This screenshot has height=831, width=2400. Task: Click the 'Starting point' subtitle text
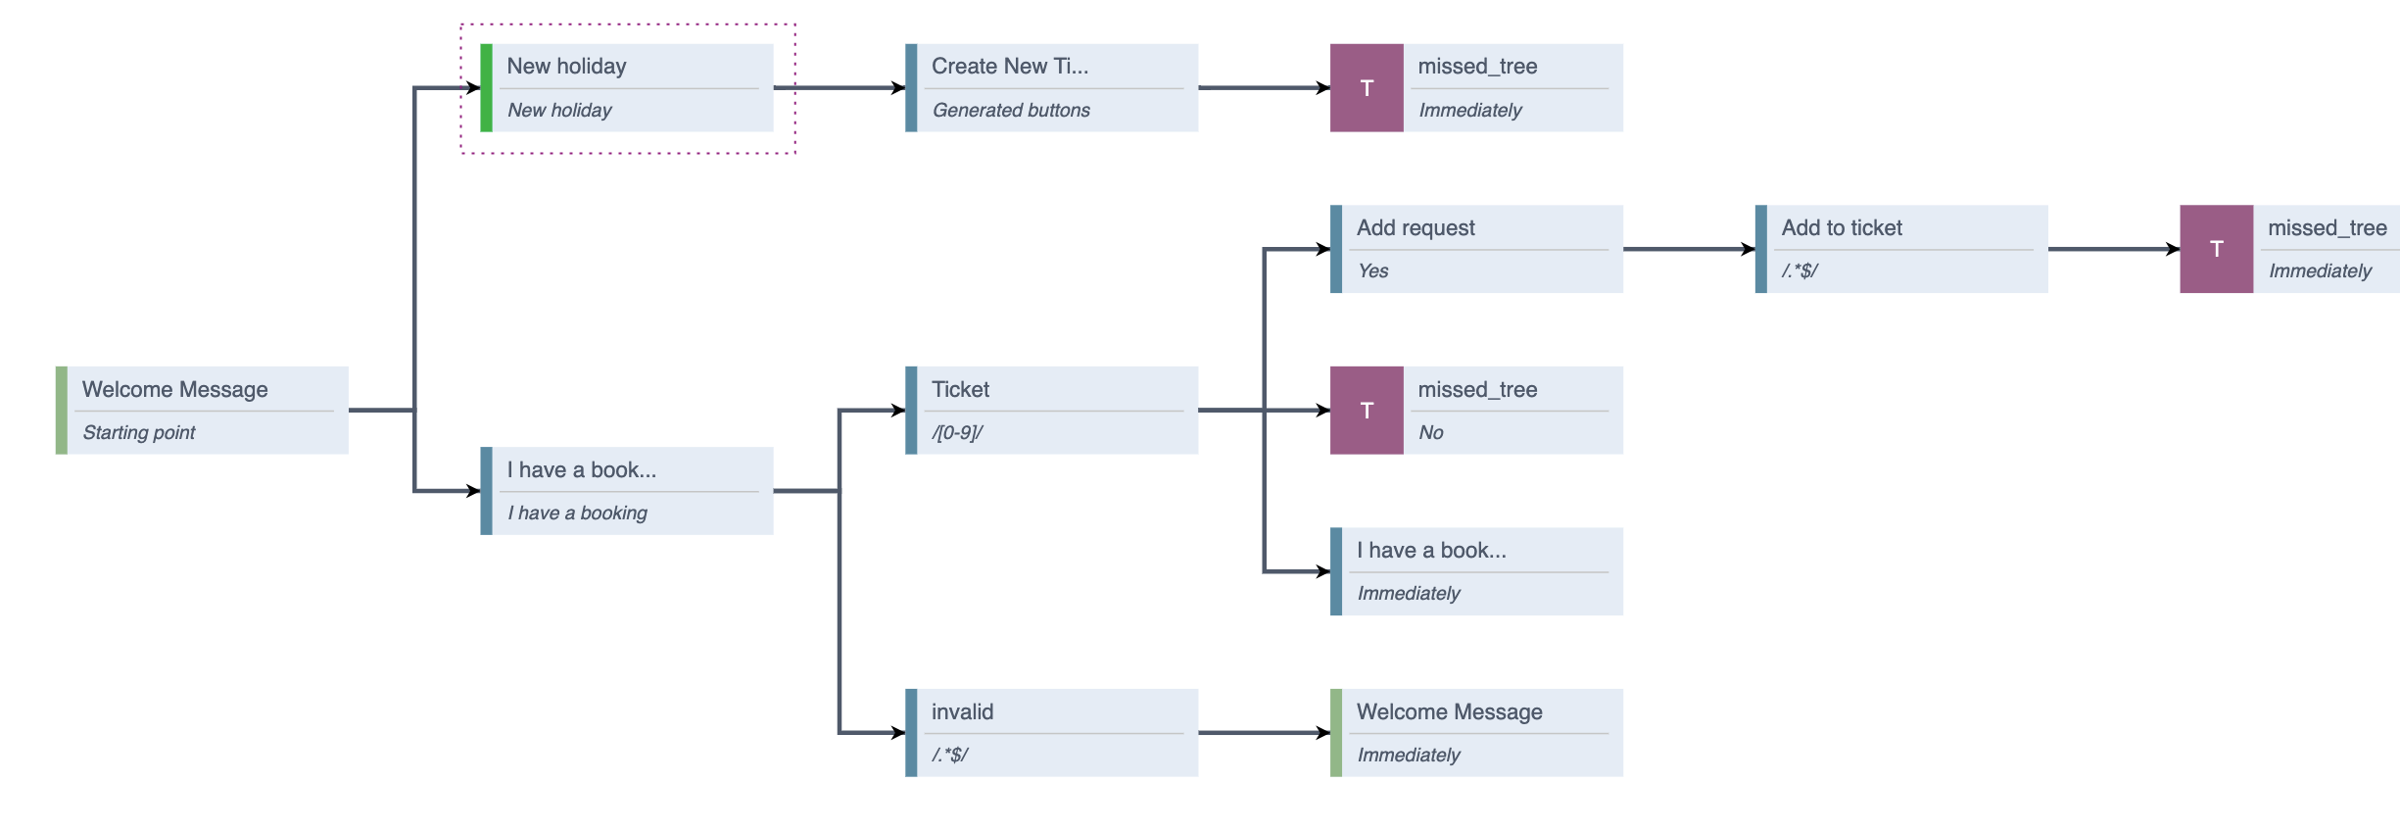(x=138, y=432)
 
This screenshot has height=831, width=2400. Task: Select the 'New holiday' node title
(x=566, y=66)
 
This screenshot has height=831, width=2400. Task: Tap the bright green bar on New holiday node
(x=486, y=87)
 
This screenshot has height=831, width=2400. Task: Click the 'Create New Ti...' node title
(x=1009, y=66)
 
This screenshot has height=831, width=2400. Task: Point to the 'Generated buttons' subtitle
(x=1010, y=110)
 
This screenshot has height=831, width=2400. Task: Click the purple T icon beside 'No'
(x=1366, y=410)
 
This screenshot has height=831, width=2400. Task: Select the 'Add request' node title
(x=1415, y=227)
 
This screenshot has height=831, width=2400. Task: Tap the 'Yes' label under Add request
(x=1372, y=270)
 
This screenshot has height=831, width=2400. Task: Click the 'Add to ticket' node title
(x=1841, y=227)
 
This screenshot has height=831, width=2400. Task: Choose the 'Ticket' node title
(x=960, y=389)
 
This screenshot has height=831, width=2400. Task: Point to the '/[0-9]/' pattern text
(x=957, y=432)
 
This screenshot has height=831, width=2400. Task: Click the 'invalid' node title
(x=962, y=711)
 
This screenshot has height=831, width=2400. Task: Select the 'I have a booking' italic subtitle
(x=577, y=513)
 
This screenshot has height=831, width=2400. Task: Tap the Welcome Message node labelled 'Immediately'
(x=1449, y=711)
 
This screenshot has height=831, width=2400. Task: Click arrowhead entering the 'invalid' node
(x=896, y=732)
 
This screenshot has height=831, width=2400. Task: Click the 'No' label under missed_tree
(x=1430, y=432)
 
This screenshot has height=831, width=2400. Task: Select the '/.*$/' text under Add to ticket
(x=1799, y=270)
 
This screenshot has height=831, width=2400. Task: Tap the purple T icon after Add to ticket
(x=2215, y=249)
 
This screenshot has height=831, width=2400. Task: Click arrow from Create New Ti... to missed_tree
(x=1264, y=87)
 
